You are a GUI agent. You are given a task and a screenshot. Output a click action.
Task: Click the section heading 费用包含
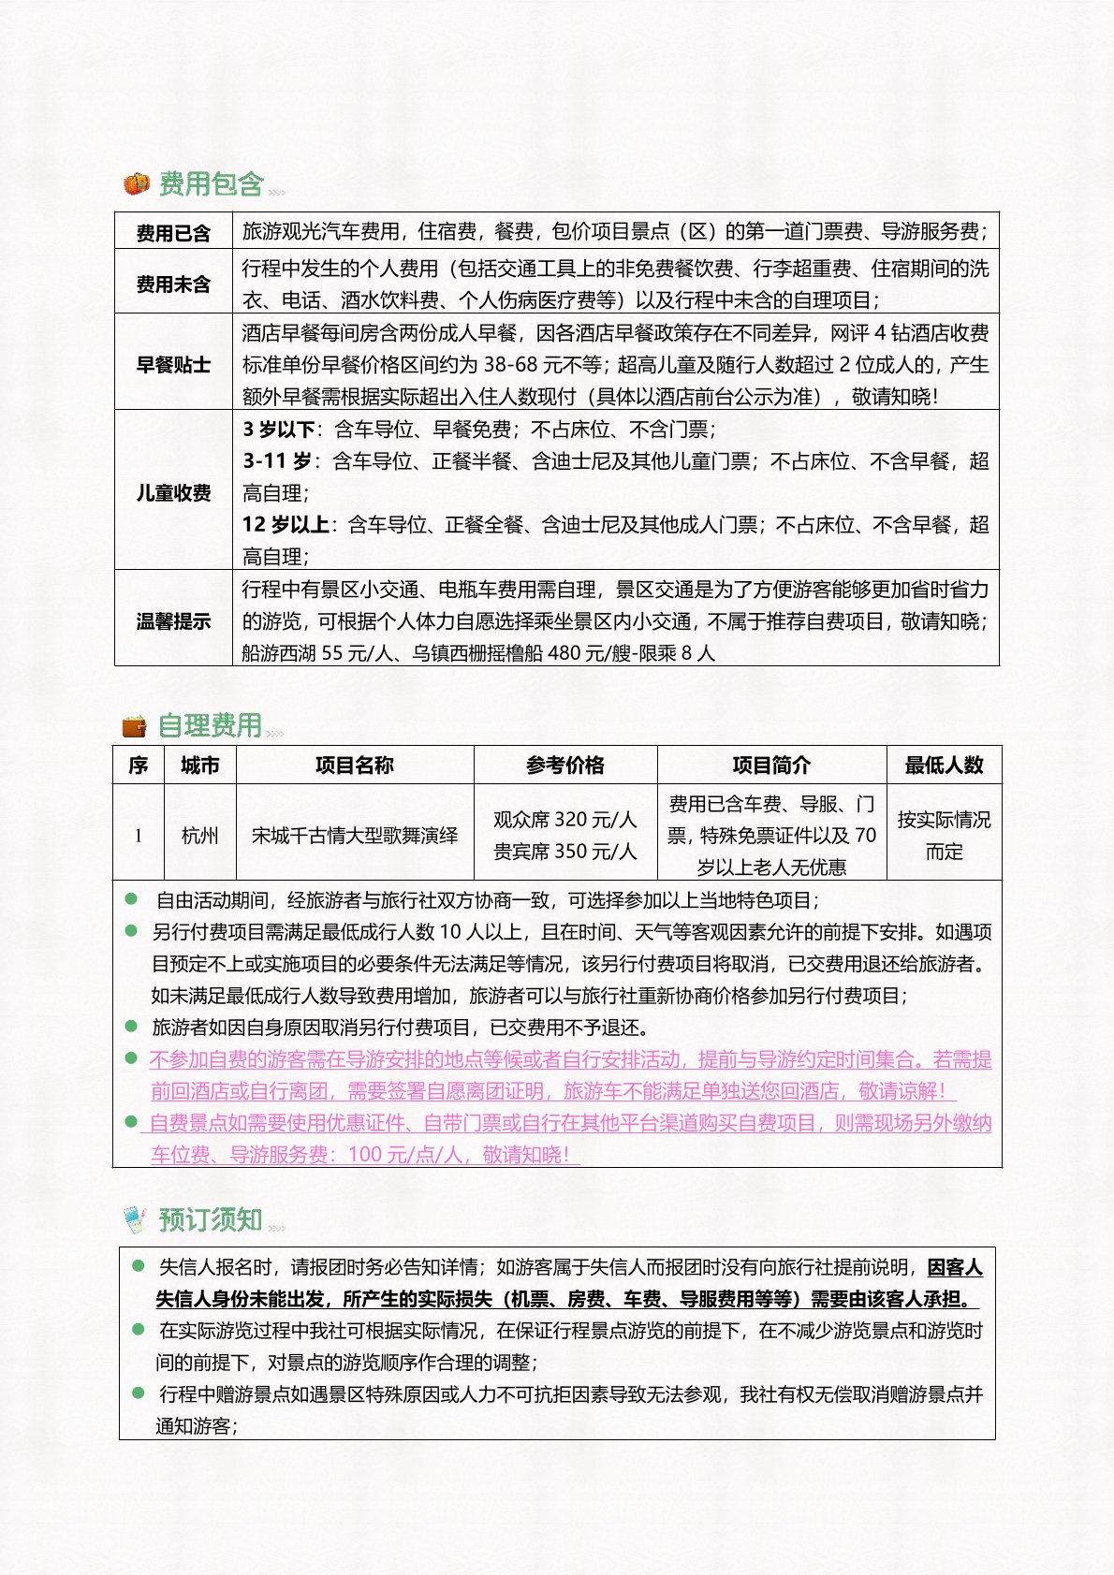(x=211, y=184)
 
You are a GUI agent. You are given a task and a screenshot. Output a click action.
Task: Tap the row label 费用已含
(x=173, y=233)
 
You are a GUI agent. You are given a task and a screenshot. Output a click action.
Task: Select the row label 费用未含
(x=173, y=284)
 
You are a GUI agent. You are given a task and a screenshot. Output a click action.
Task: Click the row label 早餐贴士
(x=173, y=364)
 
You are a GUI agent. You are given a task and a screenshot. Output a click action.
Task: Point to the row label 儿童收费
(x=173, y=492)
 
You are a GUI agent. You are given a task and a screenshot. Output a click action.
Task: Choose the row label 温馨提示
(x=173, y=620)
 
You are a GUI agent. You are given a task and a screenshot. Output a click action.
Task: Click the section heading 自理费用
(x=210, y=725)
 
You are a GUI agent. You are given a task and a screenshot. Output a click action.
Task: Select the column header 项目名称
(x=355, y=766)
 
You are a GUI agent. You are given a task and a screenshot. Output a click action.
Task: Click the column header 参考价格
(x=565, y=766)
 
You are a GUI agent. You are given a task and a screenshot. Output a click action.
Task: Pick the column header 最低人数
(x=944, y=766)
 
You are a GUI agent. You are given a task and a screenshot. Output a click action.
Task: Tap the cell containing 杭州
(x=199, y=835)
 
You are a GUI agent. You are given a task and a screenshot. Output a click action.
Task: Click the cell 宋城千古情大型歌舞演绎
(x=355, y=835)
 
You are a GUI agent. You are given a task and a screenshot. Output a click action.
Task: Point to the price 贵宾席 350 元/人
(x=565, y=852)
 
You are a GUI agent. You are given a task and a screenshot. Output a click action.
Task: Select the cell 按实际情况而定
(x=944, y=835)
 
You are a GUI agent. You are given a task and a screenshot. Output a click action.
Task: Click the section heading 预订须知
(x=210, y=1220)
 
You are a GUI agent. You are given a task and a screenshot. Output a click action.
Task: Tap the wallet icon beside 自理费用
(x=135, y=726)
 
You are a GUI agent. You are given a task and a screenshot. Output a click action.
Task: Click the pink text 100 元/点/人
(x=404, y=1155)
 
